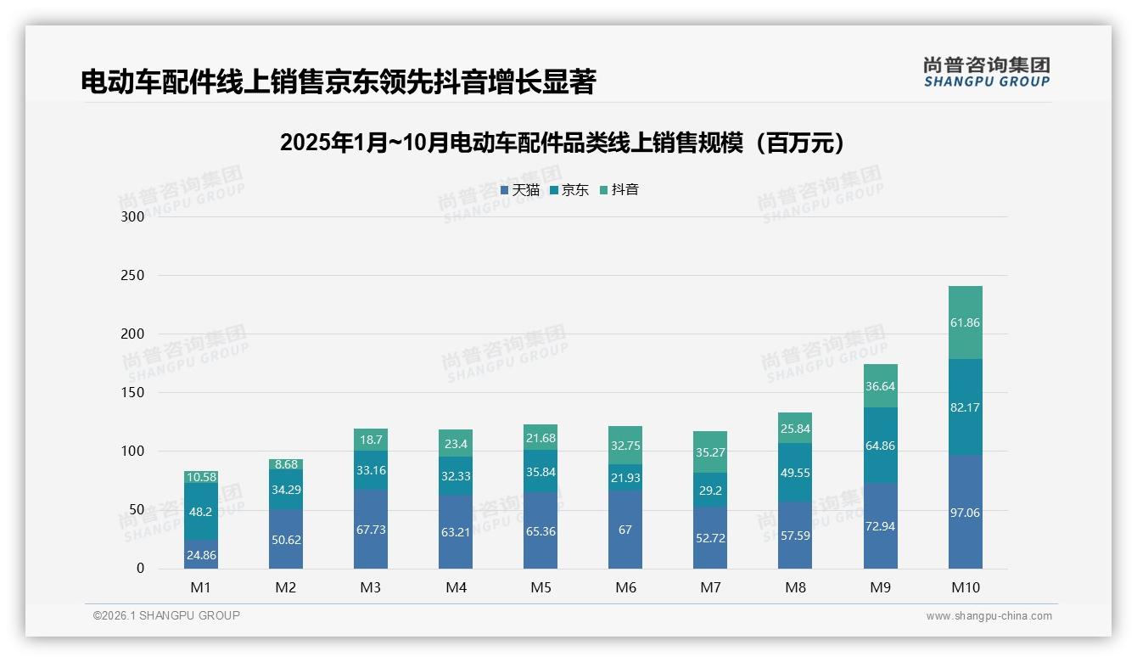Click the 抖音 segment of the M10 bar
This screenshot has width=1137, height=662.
[x=965, y=323]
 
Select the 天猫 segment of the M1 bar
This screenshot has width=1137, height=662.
[x=201, y=554]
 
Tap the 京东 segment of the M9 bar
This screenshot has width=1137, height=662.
[x=880, y=446]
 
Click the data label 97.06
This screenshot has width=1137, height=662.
[x=965, y=513]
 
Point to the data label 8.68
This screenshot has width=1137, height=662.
[x=286, y=464]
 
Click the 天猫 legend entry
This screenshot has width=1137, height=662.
[x=520, y=190]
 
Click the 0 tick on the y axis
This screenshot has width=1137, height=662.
[x=141, y=569]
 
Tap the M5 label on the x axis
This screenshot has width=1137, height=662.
[x=540, y=587]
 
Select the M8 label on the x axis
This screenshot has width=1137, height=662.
[x=795, y=587]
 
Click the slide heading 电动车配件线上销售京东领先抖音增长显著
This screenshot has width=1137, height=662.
[x=339, y=82]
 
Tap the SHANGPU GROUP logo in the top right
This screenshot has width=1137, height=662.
[x=987, y=72]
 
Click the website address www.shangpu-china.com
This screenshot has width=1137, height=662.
[x=989, y=616]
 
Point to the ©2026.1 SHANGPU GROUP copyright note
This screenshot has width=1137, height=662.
[x=166, y=615]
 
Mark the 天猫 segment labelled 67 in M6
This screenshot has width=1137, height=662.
[x=625, y=530]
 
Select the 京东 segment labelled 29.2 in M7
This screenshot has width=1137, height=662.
[x=710, y=491]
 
